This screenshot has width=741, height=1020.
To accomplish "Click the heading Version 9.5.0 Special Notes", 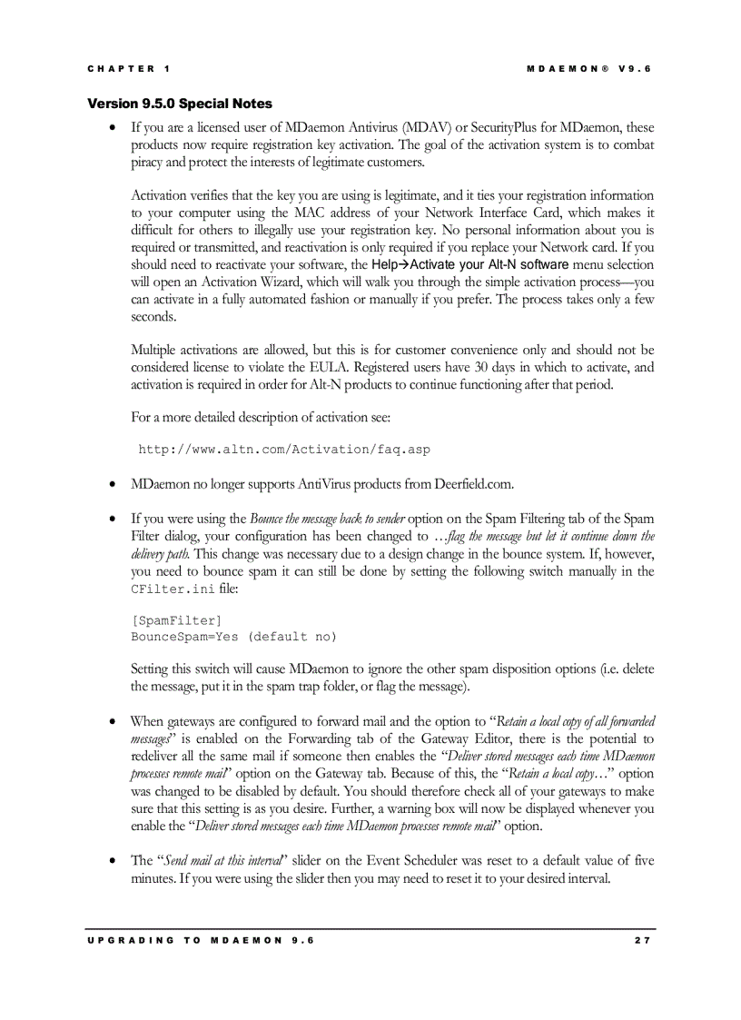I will coord(179,104).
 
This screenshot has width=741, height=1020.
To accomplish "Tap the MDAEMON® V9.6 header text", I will coord(588,69).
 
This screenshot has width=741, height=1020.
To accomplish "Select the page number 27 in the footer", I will coord(643,940).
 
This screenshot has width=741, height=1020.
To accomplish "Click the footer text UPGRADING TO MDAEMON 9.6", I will coord(201,940).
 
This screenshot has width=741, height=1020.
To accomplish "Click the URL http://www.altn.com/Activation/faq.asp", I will coord(283,450).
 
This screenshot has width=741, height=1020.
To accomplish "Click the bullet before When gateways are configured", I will coord(112,722).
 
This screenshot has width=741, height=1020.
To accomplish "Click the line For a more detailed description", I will coord(261,418).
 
